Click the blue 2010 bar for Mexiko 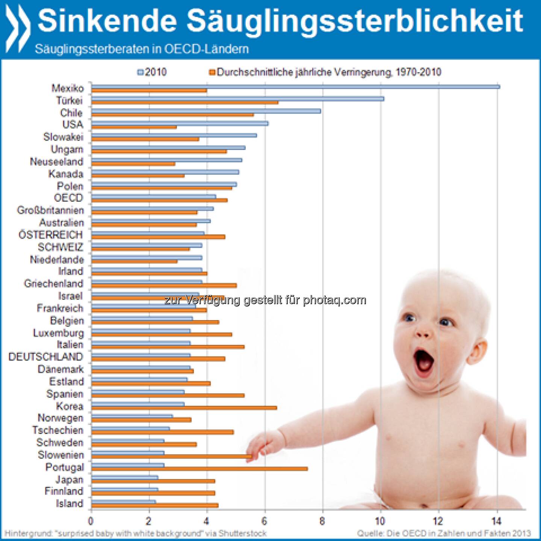click(x=295, y=87)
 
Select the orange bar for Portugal click(x=199, y=468)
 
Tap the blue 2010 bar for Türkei click(x=237, y=99)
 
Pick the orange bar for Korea click(x=184, y=408)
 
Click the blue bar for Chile click(x=206, y=111)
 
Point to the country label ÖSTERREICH click(x=51, y=235)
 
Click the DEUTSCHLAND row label click(x=45, y=357)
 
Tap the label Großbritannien click(x=50, y=210)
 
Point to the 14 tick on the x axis click(x=497, y=521)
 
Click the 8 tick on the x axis click(x=322, y=521)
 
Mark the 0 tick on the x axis click(x=91, y=521)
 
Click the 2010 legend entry click(x=152, y=72)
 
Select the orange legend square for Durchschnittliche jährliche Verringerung click(x=212, y=72)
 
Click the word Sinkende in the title click(x=107, y=21)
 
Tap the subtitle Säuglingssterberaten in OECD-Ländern click(x=142, y=49)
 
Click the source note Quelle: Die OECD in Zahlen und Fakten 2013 click(x=444, y=533)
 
